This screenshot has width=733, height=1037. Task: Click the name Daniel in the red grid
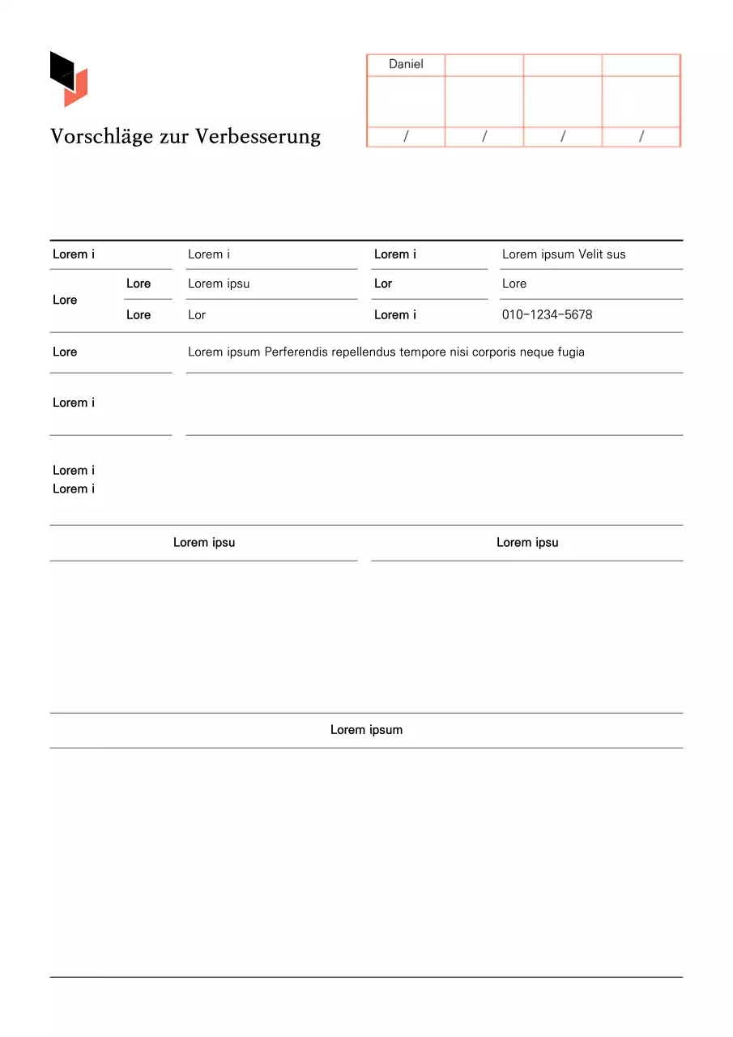(x=406, y=64)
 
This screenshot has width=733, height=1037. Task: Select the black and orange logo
(x=69, y=79)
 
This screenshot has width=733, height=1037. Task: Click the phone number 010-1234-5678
(x=547, y=314)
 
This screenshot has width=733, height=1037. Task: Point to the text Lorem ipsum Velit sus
(x=564, y=254)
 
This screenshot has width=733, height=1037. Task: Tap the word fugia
(x=570, y=352)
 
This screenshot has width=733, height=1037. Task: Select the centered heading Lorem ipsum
(x=366, y=730)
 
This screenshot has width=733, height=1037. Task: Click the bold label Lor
(x=383, y=284)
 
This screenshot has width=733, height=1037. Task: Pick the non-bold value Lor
(x=197, y=314)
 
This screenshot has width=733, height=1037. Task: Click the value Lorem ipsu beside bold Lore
(x=219, y=284)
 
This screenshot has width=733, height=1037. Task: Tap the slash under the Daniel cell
(x=406, y=137)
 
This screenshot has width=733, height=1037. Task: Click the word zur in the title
(x=179, y=136)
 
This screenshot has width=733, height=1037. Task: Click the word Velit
(x=590, y=254)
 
